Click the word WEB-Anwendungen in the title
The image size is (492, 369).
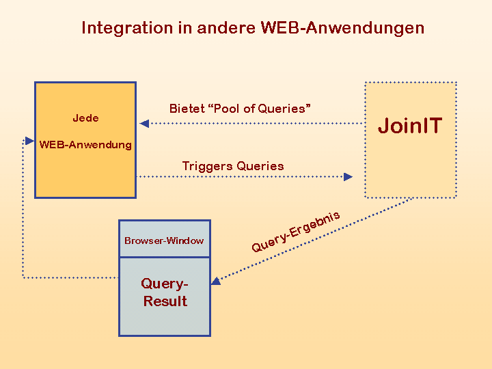342,28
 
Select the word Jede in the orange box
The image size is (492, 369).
85,118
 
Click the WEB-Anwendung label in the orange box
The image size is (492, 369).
85,145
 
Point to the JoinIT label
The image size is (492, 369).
410,126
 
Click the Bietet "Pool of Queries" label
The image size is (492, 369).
241,109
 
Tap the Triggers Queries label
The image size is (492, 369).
233,166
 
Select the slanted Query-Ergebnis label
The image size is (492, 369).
295,232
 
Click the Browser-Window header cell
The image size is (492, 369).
164,241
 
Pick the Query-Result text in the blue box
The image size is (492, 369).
165,292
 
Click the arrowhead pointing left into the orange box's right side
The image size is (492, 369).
144,124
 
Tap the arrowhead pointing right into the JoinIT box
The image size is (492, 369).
348,176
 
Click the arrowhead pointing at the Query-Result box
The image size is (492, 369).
216,281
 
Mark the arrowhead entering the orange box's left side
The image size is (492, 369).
29,141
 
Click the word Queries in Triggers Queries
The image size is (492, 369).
260,166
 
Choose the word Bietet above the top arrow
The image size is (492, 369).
187,109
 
